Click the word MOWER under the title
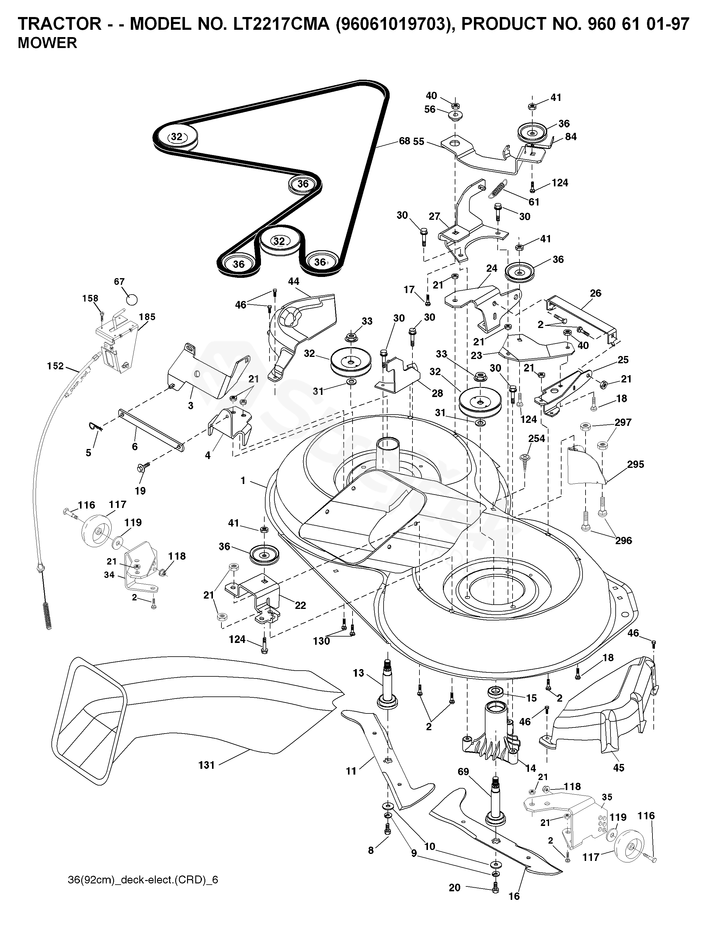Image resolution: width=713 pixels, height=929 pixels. click(47, 43)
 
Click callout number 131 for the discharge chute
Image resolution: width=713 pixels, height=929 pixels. click(207, 765)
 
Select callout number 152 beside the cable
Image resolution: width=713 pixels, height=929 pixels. click(55, 366)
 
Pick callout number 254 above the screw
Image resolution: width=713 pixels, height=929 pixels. click(537, 438)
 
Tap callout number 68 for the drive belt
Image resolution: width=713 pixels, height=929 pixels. click(405, 141)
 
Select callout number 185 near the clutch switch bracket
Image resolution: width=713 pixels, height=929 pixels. click(147, 316)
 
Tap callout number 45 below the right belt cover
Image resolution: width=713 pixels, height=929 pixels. click(619, 767)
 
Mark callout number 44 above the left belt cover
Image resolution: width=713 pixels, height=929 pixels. click(293, 281)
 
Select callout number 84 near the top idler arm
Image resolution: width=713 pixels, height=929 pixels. click(571, 136)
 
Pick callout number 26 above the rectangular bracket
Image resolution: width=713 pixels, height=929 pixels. click(596, 293)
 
